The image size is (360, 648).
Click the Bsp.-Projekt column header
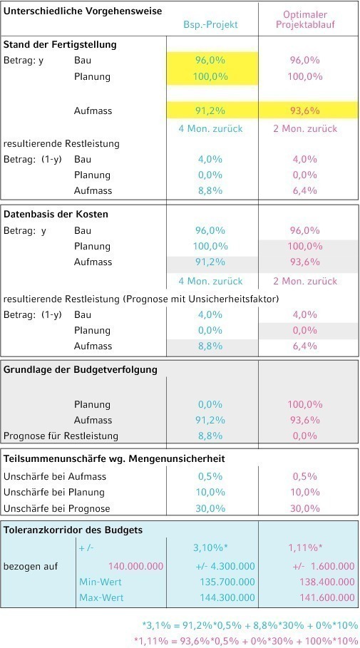211,24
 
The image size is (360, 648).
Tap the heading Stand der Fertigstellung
60,44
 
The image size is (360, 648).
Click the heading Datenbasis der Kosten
56,215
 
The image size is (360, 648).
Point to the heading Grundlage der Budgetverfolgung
81,369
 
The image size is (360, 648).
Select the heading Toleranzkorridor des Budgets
73,530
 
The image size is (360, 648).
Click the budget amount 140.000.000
135,566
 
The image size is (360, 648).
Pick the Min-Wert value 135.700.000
227,582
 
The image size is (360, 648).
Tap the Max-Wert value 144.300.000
227,597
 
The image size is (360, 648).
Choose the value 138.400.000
327,582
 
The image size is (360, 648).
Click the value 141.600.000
327,597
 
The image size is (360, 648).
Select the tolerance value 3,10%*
210,548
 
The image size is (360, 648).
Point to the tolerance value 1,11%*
305,548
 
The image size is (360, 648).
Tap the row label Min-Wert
101,582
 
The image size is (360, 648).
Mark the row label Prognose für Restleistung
61,436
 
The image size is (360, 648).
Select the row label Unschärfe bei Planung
54,492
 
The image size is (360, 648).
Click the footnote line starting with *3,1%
250,625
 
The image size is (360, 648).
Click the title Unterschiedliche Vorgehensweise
82,11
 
